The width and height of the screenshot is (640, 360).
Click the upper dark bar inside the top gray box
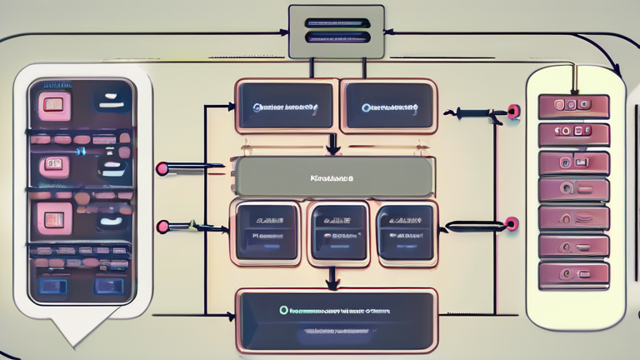(336, 23)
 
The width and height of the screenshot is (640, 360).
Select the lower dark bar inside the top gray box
(336, 37)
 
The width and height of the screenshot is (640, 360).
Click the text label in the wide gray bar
(332, 177)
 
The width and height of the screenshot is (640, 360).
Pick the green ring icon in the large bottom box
(284, 310)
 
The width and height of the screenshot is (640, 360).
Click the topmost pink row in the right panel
(573, 106)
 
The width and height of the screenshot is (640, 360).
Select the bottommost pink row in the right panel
(573, 274)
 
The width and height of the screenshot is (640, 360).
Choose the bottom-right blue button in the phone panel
(108, 285)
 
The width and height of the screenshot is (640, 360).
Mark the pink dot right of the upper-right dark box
(513, 111)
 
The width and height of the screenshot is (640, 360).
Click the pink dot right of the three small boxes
(511, 223)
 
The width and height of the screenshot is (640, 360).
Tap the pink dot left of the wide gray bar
(162, 168)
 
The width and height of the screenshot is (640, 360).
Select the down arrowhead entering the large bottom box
(332, 284)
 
